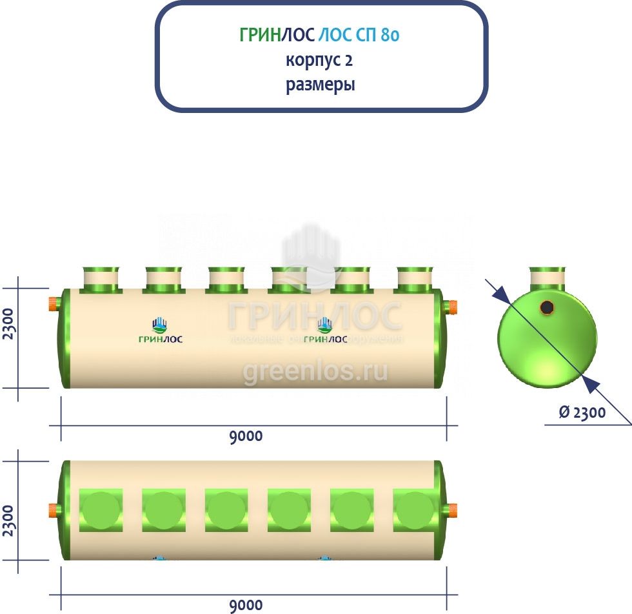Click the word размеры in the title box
[x=321, y=85]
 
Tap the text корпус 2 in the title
[x=320, y=60]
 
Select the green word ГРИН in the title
[x=260, y=35]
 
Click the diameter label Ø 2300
[x=582, y=413]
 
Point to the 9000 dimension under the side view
[x=246, y=436]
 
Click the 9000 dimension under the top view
[x=246, y=605]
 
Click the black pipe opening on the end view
[x=547, y=307]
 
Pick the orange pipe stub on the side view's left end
[x=52, y=303]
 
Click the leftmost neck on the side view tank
[x=101, y=280]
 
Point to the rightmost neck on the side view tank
[x=415, y=280]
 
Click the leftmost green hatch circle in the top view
[x=101, y=510]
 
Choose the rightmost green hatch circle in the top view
[x=415, y=510]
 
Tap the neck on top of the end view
[x=548, y=278]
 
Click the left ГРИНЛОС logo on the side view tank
[x=161, y=331]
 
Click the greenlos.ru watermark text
[x=315, y=372]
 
